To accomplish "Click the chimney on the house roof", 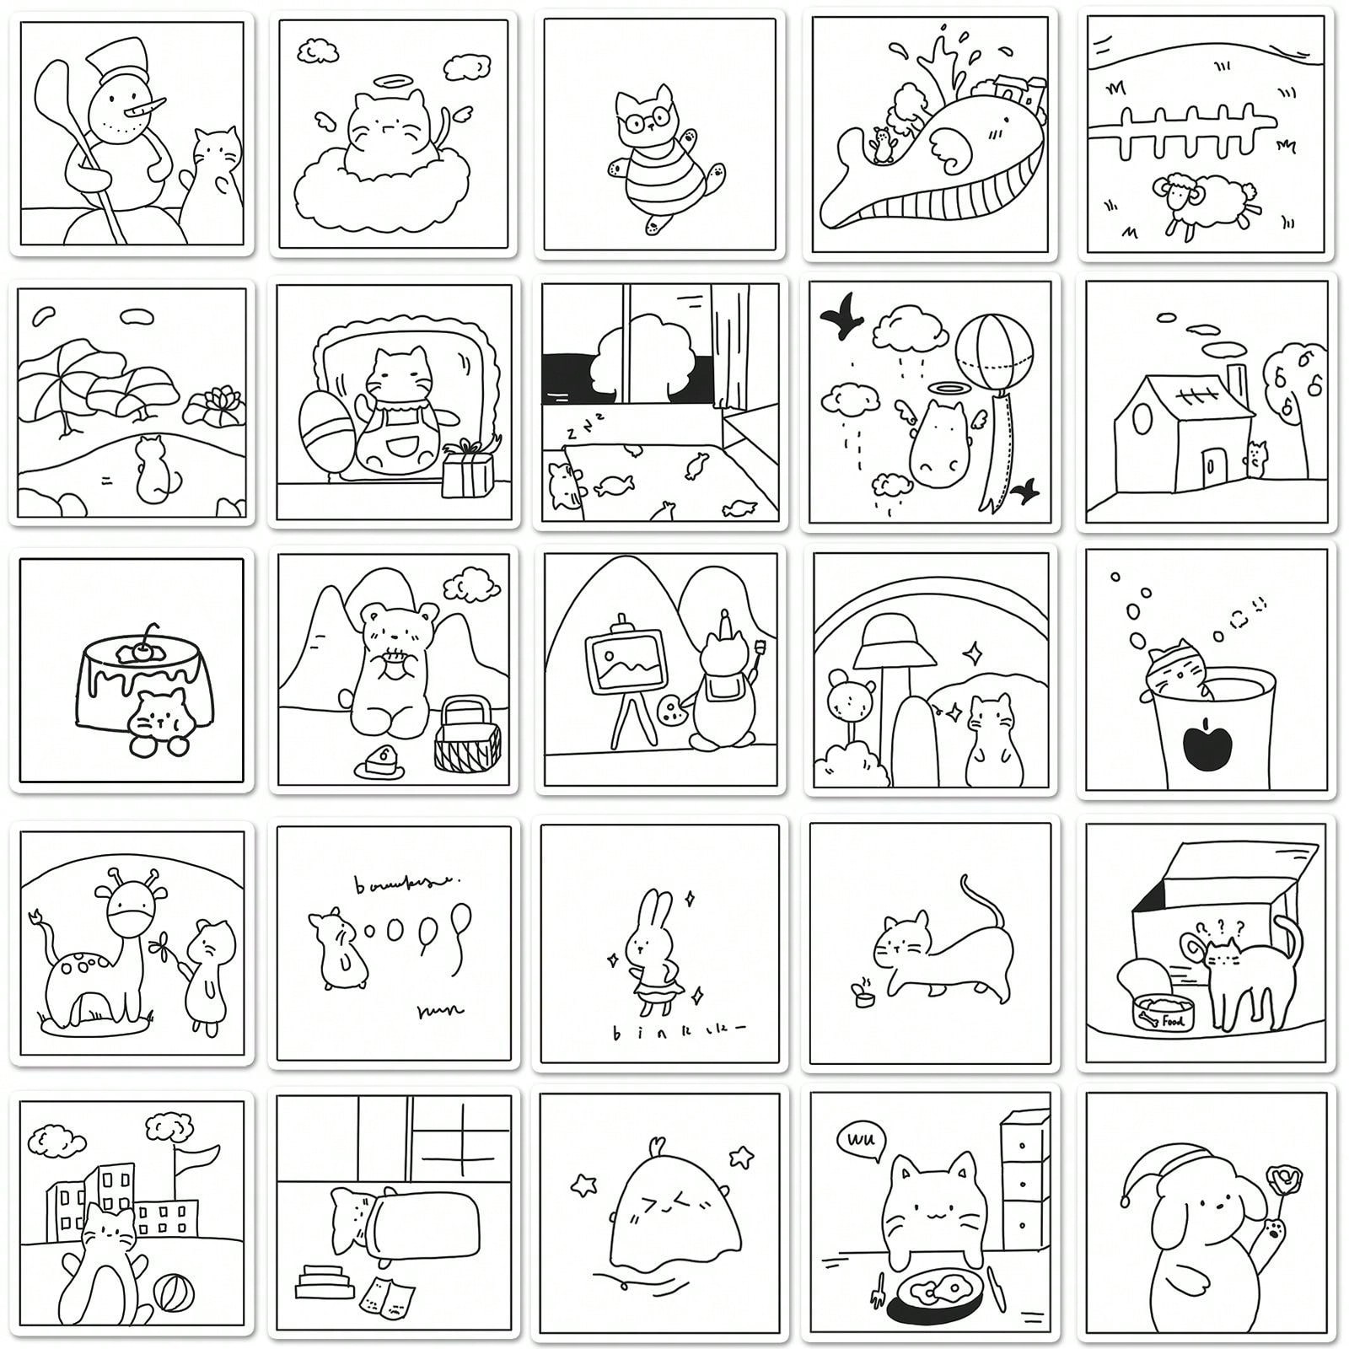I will click(x=1233, y=386).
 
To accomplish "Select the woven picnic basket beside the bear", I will click(x=467, y=734).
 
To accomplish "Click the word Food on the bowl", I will click(x=1173, y=1021).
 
